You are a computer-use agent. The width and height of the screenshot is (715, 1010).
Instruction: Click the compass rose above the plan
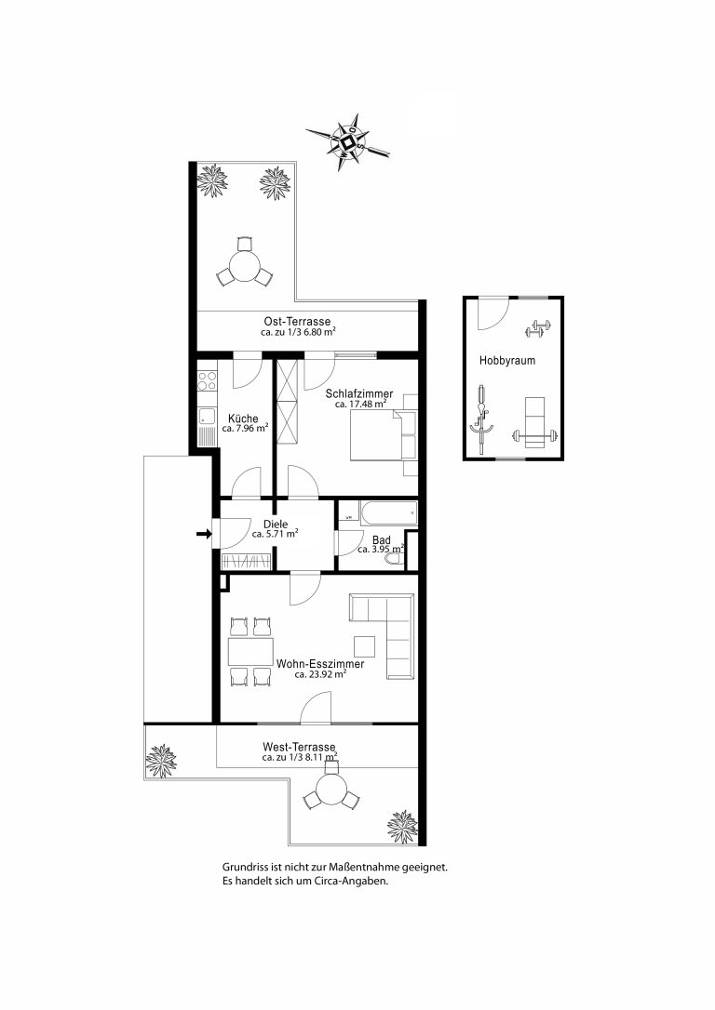[348, 141]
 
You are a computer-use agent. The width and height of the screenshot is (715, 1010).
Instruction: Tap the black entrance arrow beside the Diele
[205, 533]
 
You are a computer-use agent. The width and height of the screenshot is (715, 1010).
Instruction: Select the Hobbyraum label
[506, 361]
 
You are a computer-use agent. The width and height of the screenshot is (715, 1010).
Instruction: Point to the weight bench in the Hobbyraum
[534, 423]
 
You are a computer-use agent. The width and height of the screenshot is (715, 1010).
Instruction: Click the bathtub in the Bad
[389, 514]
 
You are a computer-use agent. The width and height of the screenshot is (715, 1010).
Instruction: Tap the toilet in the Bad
[393, 562]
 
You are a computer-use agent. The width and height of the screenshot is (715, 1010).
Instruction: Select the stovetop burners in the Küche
[208, 380]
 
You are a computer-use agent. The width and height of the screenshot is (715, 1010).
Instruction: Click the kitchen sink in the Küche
[207, 417]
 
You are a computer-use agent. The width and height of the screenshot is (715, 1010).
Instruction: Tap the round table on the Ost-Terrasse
[245, 265]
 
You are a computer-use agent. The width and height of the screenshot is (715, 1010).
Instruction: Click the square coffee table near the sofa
[364, 646]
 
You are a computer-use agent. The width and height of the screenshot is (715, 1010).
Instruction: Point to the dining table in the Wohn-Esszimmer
[250, 651]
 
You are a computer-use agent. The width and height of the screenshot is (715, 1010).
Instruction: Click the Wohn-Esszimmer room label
[320, 664]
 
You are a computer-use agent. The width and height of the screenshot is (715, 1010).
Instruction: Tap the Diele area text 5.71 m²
[275, 534]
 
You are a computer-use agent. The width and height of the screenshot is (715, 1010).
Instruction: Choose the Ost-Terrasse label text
[297, 322]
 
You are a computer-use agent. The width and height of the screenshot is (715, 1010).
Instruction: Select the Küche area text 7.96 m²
[245, 428]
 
